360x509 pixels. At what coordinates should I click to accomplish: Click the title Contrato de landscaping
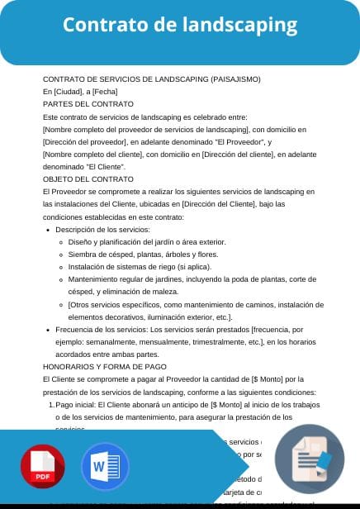[179, 26]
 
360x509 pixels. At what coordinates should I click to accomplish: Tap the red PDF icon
[42, 468]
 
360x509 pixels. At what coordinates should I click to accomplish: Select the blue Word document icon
[105, 468]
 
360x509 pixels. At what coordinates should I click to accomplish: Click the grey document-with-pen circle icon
[309, 462]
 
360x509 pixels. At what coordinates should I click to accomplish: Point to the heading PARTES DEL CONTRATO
[88, 103]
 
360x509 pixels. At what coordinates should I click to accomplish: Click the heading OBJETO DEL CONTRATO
[88, 178]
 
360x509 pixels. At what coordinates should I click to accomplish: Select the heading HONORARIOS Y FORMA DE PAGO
[104, 366]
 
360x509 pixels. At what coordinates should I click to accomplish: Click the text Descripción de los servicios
[102, 228]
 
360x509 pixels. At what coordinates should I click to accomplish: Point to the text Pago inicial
[75, 405]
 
